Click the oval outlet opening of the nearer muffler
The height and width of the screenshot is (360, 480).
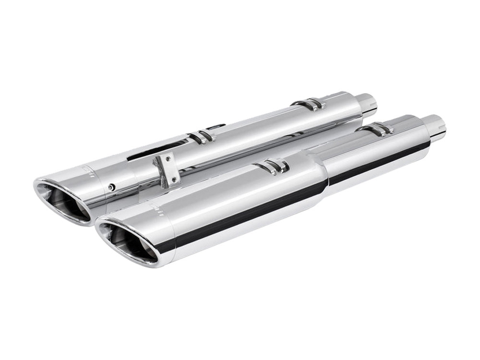coord(128,242)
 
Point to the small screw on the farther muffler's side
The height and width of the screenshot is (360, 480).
coord(111,186)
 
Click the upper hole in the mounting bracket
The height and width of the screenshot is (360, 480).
coord(163,159)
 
